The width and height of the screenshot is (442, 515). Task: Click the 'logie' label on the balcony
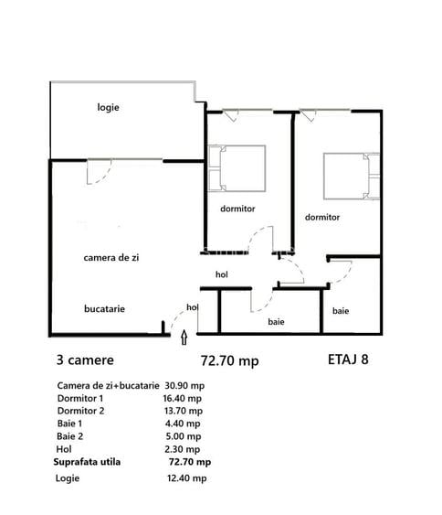109,107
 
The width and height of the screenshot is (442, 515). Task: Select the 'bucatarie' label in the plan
104,308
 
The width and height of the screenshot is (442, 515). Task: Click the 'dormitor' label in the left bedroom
237,209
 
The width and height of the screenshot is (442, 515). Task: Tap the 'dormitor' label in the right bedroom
322,218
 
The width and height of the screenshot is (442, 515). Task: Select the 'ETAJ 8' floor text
348,359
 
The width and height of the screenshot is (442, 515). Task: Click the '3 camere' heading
86,360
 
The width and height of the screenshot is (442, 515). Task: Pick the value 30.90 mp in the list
186,385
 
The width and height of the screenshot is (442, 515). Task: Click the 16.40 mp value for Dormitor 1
185,399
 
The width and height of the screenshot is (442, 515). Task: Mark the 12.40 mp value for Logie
186,478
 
